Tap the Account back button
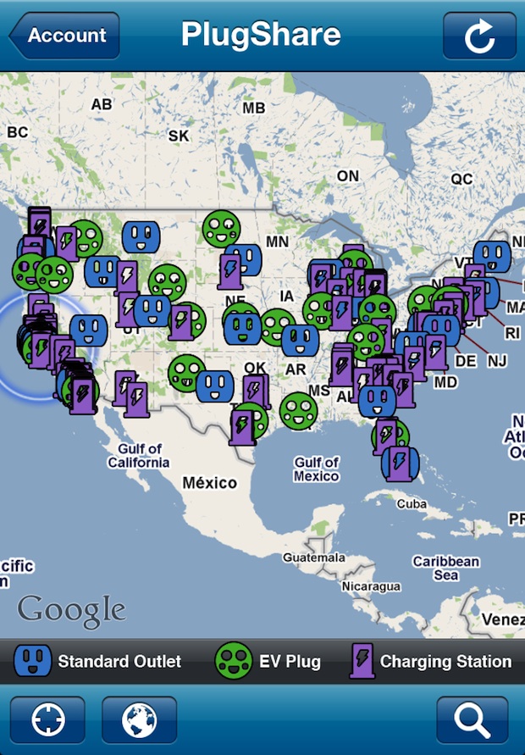(x=64, y=36)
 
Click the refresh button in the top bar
(x=479, y=36)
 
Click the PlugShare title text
(x=261, y=35)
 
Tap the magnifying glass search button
(x=472, y=720)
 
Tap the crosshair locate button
(x=47, y=720)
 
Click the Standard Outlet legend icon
(x=33, y=661)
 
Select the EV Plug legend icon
(x=234, y=661)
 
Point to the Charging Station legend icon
(x=362, y=661)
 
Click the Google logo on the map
(x=71, y=609)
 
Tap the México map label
(x=210, y=482)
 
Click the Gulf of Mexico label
(x=316, y=469)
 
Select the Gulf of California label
(x=139, y=456)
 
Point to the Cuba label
(x=412, y=503)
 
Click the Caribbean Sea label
(x=445, y=568)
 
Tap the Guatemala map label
(x=314, y=558)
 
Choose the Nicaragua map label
(x=370, y=586)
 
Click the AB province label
(x=102, y=105)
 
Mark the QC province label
(x=461, y=179)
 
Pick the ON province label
(x=347, y=175)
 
